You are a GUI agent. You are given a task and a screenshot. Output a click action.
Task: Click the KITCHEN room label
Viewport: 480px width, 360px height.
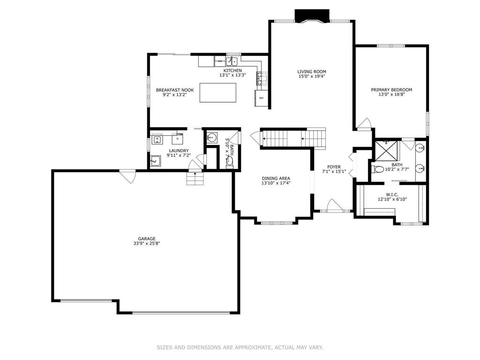[x=232, y=70]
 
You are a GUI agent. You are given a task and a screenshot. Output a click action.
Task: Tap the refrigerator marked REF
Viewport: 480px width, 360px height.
[x=261, y=98]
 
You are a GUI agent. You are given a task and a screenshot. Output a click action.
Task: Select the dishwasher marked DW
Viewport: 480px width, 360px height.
[x=219, y=61]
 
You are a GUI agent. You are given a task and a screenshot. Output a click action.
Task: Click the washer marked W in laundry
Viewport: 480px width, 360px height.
[x=157, y=139]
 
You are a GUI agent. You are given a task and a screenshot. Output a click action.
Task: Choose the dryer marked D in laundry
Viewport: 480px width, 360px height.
[x=177, y=139]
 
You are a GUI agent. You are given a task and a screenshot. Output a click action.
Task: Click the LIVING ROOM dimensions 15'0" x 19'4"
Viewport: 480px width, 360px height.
[x=311, y=76]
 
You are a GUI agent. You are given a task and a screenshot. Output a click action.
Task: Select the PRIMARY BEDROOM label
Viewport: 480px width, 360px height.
[x=391, y=90]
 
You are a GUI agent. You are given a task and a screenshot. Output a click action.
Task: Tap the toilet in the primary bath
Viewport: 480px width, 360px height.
[x=378, y=169]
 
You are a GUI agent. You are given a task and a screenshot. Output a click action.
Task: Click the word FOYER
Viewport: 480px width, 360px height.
[x=334, y=166]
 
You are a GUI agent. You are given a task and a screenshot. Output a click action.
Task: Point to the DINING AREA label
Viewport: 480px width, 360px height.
[x=276, y=178]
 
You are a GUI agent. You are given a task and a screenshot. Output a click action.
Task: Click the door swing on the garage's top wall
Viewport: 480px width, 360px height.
[x=127, y=176]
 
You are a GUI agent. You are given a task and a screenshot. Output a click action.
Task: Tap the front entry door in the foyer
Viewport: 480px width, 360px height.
[x=334, y=206]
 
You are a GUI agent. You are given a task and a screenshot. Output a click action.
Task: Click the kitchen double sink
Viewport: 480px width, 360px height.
[x=232, y=61]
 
